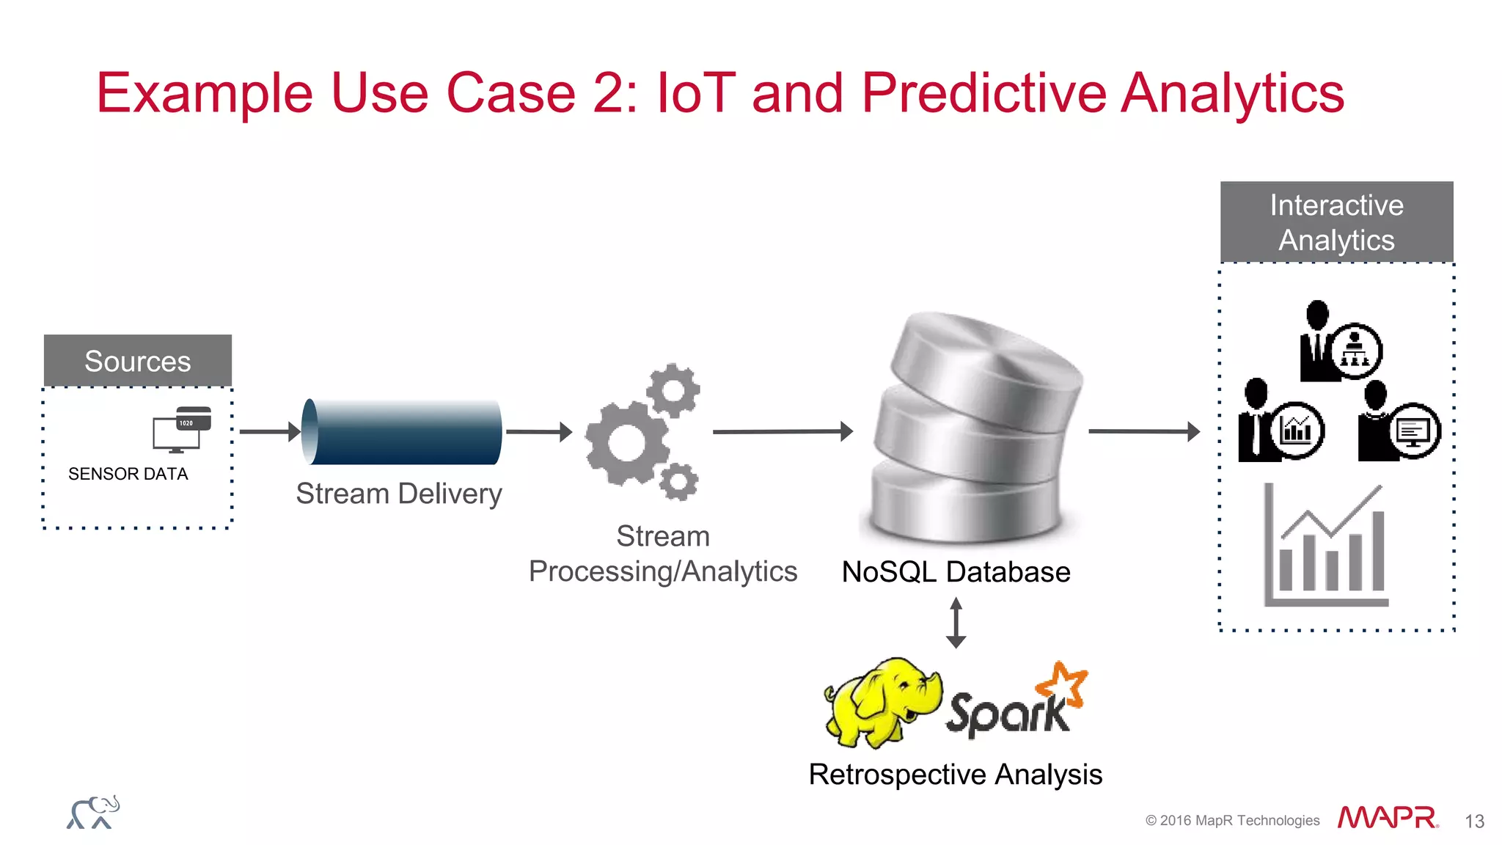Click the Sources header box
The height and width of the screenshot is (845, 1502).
coord(138,361)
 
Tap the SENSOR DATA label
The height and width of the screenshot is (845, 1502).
coord(128,474)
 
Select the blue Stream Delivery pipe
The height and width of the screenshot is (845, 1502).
coord(402,432)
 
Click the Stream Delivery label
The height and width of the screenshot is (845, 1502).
coord(399,494)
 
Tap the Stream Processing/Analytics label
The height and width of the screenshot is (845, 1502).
coord(663,554)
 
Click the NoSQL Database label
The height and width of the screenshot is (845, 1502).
coord(956,572)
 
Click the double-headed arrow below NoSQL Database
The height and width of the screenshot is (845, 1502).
coord(956,623)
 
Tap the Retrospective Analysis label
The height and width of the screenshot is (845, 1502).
coord(955,775)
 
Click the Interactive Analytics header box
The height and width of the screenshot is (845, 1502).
coord(1336,222)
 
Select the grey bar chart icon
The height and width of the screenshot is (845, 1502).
coord(1325,546)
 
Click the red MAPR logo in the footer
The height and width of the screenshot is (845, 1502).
coord(1387,818)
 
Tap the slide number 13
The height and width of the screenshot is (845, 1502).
coord(1474,822)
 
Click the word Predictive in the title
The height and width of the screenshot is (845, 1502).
coord(982,93)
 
